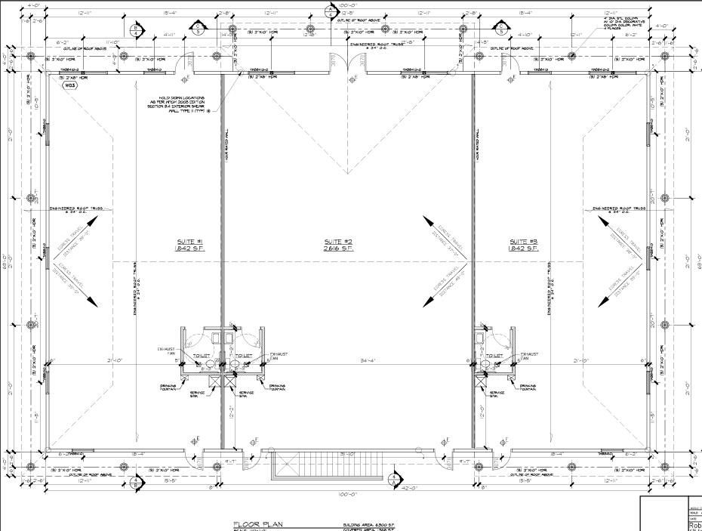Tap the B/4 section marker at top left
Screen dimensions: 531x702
point(136,30)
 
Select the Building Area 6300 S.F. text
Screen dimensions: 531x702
point(364,523)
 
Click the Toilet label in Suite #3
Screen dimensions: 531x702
point(494,356)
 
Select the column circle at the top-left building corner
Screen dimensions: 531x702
point(31,57)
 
